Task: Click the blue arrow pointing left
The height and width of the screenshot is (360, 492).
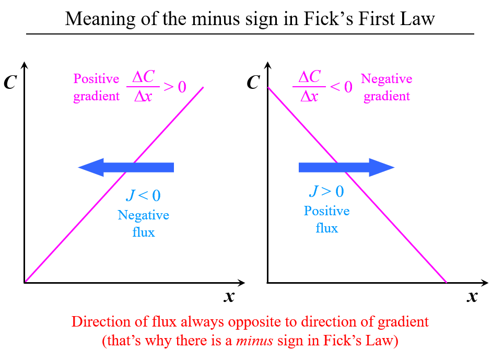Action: (125, 167)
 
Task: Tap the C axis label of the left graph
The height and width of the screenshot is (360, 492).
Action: (10, 83)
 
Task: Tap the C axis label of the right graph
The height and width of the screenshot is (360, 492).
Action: (253, 83)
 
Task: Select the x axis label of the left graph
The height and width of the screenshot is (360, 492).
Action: (229, 297)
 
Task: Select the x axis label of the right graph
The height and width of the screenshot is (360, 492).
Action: (472, 297)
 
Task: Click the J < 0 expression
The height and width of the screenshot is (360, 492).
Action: (143, 196)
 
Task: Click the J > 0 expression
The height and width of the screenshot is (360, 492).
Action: (326, 192)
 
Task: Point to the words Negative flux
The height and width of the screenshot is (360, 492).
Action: (143, 224)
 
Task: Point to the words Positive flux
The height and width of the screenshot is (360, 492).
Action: (326, 219)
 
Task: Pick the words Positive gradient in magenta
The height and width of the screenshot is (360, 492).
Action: (97, 87)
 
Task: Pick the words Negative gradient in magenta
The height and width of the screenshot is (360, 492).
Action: (386, 87)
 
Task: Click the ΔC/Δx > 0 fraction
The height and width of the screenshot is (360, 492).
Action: (156, 86)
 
